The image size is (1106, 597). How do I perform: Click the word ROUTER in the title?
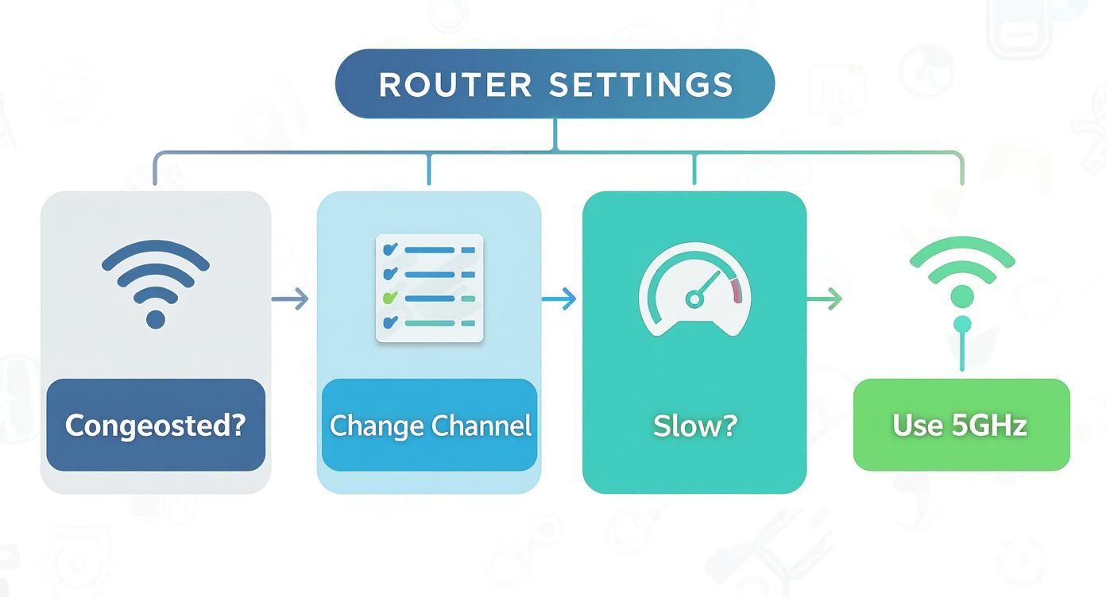point(454,85)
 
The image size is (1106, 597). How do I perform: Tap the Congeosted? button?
point(155,426)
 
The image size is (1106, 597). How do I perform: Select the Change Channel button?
point(430,426)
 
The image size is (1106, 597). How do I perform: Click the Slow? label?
point(695,426)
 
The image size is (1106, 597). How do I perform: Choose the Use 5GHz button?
point(961,426)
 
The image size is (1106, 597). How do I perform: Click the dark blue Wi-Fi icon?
point(156,282)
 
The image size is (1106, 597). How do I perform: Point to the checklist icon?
point(429,288)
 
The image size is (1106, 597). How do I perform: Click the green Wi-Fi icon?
point(961,274)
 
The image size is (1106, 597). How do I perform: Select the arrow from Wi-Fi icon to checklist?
point(289,299)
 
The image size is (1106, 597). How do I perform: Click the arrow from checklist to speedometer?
point(559,299)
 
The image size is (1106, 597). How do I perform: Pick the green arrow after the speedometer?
point(824,299)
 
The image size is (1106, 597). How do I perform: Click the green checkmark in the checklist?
point(389,298)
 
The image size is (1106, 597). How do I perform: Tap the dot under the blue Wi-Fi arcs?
point(156,319)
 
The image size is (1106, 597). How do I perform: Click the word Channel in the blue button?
point(483,426)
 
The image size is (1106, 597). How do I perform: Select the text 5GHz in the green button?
point(988,426)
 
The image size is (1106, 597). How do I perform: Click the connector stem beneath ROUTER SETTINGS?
point(555,134)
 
